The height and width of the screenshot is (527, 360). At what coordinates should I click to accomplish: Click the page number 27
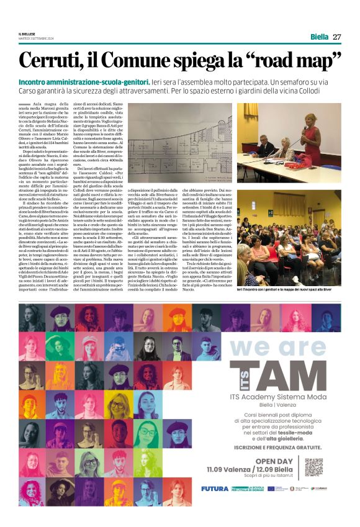coord(337,37)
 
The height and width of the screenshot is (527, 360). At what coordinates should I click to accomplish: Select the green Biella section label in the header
coord(319,37)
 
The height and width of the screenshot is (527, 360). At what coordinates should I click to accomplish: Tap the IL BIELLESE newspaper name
coord(27,34)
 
